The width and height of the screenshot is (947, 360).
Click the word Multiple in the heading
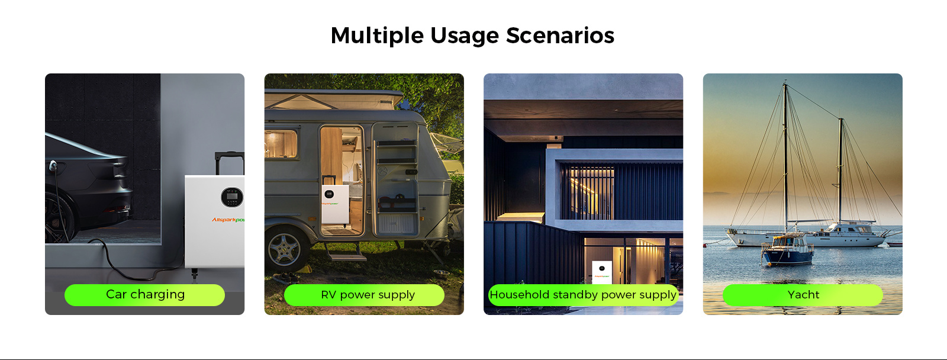376,36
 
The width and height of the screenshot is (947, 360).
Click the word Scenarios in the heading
560,36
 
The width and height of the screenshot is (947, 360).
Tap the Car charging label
144,295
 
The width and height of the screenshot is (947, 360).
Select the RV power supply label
364,295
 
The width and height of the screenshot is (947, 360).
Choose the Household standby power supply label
584,295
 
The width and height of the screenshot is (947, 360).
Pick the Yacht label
803,295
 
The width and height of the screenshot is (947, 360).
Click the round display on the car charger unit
232,197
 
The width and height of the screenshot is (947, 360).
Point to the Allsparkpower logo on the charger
228,220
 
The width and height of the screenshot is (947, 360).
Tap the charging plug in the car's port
53,166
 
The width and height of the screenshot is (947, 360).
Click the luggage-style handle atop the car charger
230,162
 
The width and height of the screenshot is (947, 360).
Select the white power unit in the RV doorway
335,205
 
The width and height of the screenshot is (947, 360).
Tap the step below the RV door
347,256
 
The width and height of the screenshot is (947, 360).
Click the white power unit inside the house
601,272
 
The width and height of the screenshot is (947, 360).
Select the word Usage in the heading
465,36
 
